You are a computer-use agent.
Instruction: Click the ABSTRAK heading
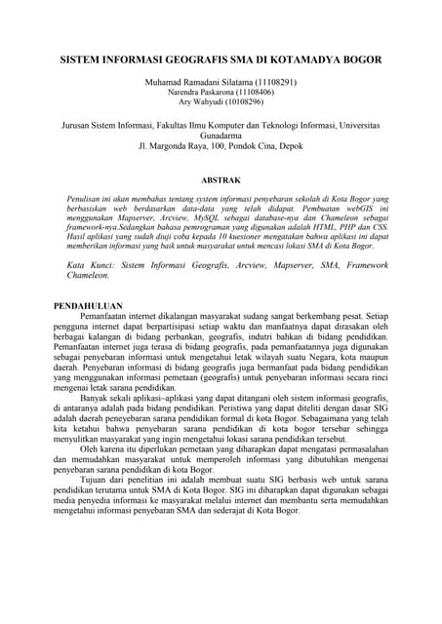coord(221,181)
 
